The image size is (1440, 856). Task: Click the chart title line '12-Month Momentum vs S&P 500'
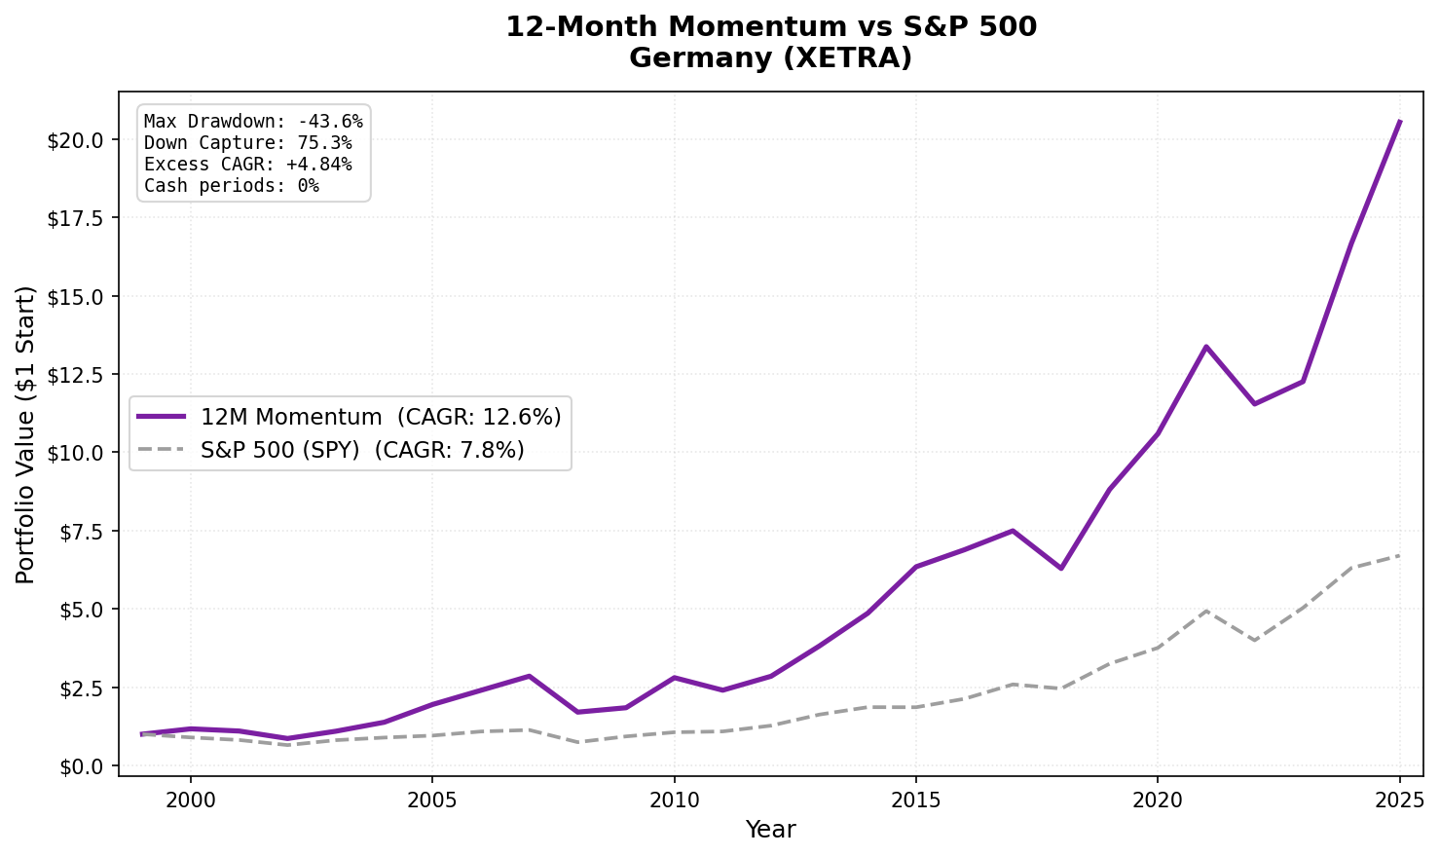click(x=770, y=27)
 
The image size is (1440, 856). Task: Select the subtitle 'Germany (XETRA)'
click(x=770, y=58)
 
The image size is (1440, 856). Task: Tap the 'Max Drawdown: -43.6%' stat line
click(x=253, y=122)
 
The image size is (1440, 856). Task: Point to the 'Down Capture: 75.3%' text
click(x=247, y=143)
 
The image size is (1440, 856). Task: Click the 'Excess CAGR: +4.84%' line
click(x=247, y=165)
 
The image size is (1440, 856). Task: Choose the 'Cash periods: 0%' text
click(x=231, y=186)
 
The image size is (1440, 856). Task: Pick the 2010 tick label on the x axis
click(x=674, y=800)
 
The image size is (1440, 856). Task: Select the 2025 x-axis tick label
click(x=1399, y=800)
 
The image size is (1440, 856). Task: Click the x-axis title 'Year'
click(x=770, y=830)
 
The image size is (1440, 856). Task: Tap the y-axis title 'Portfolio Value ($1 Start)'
click(x=26, y=434)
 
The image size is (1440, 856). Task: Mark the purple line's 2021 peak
click(x=1205, y=347)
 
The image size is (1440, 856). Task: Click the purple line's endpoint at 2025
click(x=1399, y=122)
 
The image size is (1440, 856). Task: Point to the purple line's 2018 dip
click(x=1060, y=568)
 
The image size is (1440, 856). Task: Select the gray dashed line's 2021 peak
click(x=1205, y=611)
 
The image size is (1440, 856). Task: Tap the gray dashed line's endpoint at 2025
click(x=1399, y=556)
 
